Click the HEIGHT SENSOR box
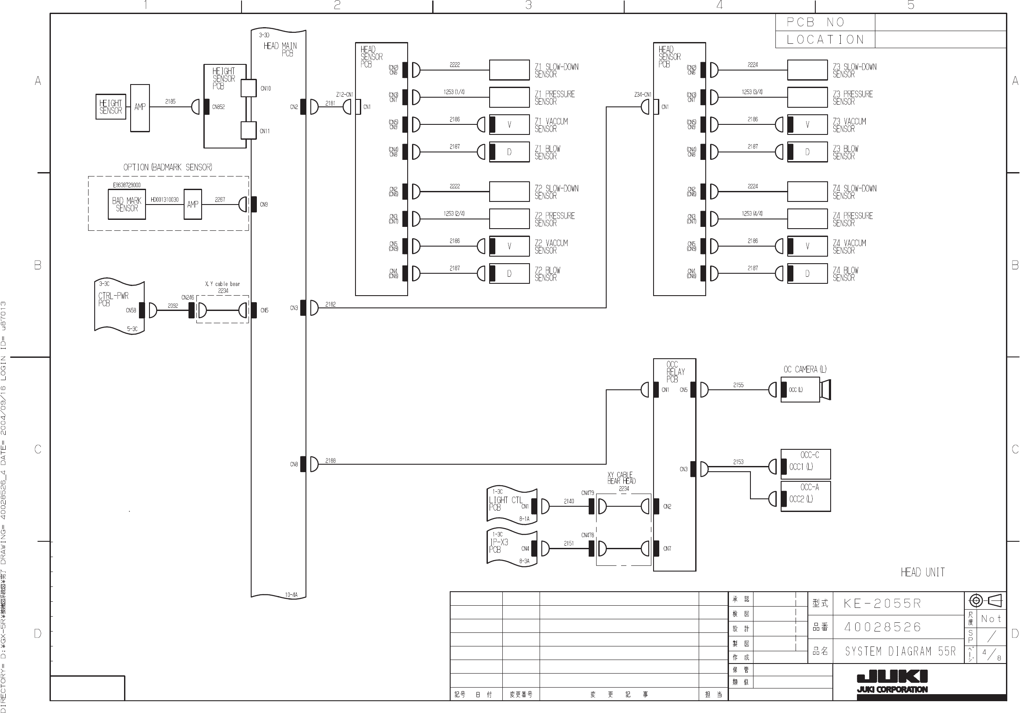110,106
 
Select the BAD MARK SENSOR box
127,204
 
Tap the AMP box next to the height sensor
140,107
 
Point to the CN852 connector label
219,107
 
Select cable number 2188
331,460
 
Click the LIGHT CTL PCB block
512,505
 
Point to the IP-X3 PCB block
512,547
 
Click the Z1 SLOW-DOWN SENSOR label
556,71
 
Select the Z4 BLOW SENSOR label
846,274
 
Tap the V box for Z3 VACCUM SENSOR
807,125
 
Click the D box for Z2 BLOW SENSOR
509,273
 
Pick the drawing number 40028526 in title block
883,627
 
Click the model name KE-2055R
882,604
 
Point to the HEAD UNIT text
923,572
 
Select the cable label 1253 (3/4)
752,92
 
